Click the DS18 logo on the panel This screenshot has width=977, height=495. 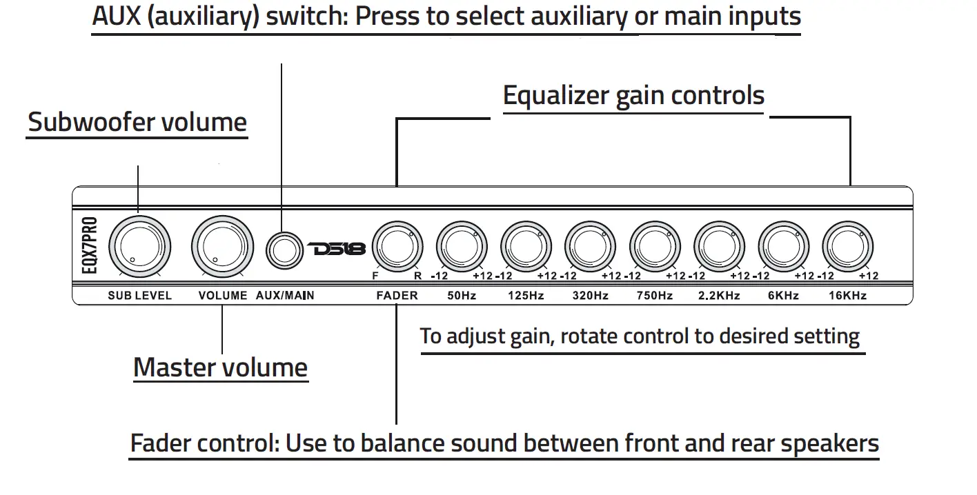pos(337,248)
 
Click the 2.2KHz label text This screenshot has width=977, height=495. pos(719,296)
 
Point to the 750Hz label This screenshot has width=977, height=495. pos(654,296)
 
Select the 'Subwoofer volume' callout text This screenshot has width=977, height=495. pos(137,122)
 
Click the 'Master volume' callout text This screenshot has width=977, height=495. pos(220,367)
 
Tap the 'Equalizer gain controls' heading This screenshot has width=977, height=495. pos(633,95)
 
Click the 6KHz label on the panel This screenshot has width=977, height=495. pos(783,296)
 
